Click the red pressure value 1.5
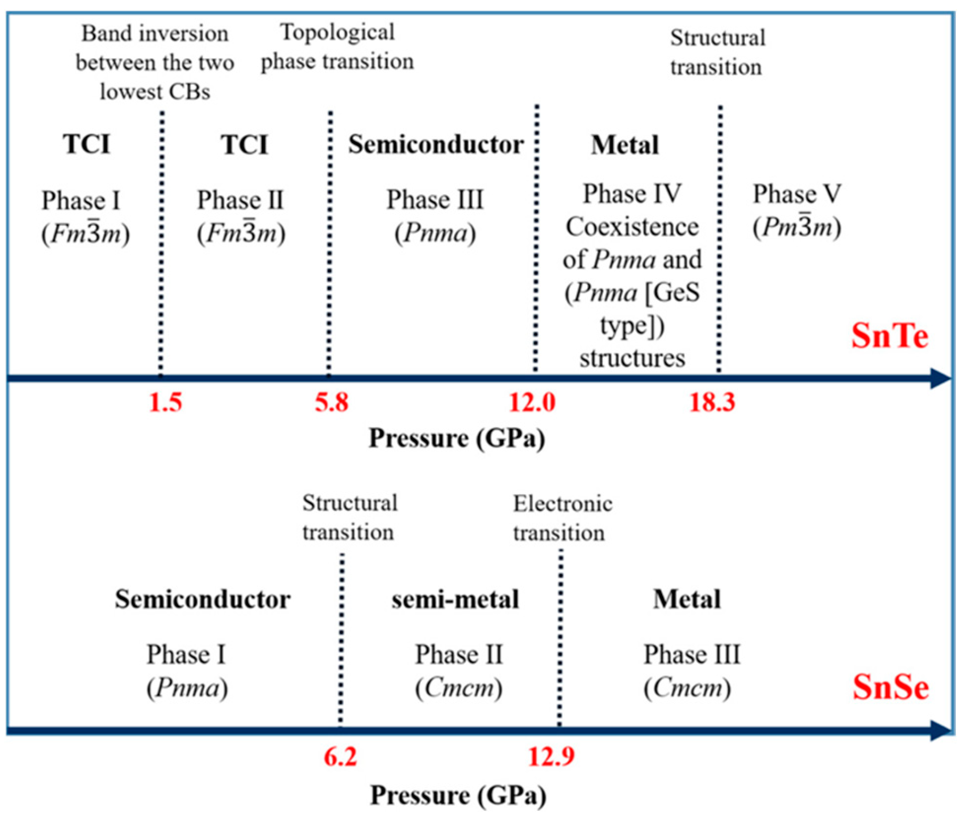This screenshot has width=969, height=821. pyautogui.click(x=166, y=402)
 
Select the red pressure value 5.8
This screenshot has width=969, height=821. pyautogui.click(x=331, y=402)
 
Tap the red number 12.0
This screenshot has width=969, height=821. pyautogui.click(x=532, y=402)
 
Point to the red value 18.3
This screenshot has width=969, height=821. pyautogui.click(x=712, y=402)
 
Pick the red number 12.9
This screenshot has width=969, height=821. pyautogui.click(x=550, y=756)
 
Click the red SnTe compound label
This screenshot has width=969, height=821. pyautogui.click(x=889, y=335)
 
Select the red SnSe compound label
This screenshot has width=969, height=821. pyautogui.click(x=890, y=687)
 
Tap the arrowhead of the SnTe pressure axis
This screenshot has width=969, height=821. pyautogui.click(x=940, y=378)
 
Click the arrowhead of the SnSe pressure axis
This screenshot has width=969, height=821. pyautogui.click(x=940, y=730)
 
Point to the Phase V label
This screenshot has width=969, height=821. pyautogui.click(x=797, y=194)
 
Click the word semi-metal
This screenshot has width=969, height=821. pyautogui.click(x=455, y=599)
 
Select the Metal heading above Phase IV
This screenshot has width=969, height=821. pyautogui.click(x=624, y=145)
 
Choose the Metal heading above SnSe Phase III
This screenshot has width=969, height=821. pyautogui.click(x=686, y=599)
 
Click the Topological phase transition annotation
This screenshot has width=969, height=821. pyautogui.click(x=337, y=47)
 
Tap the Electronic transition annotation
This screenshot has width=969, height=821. pyautogui.click(x=562, y=518)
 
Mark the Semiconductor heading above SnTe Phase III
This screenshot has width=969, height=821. pyautogui.click(x=436, y=145)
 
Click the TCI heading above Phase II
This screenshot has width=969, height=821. pyautogui.click(x=244, y=145)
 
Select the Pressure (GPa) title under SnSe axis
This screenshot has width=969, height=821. pyautogui.click(x=458, y=795)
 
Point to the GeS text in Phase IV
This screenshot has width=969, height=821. pyautogui.click(x=676, y=292)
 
